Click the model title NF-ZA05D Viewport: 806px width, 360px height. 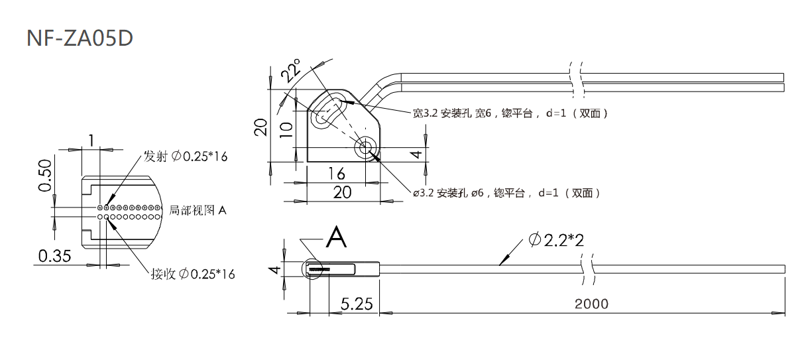80,38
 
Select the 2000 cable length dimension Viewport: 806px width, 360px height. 591,304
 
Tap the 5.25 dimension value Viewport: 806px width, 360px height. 357,304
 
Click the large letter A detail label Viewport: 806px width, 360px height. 337,235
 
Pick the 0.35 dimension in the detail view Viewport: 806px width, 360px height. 55,256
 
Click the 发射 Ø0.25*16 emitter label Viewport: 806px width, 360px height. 186,157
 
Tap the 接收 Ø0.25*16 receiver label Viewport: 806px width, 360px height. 193,274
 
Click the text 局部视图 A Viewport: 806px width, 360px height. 198,210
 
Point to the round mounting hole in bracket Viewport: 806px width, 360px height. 365,148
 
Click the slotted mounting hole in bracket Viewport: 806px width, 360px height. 328,111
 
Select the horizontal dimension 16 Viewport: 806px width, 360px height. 337,174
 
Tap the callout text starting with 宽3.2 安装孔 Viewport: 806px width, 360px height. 510,113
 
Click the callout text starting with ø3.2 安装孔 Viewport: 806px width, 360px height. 506,193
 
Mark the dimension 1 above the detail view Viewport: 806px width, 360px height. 91,140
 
